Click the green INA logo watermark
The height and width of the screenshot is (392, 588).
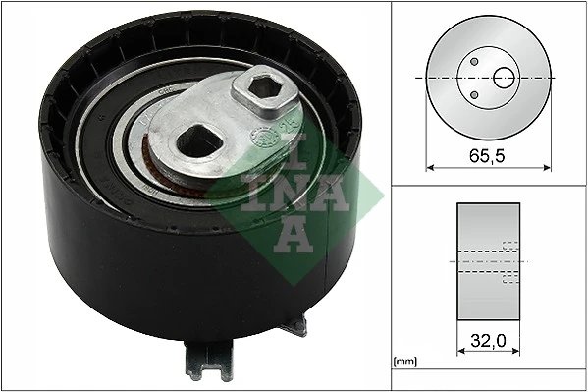pyautogui.click(x=279, y=181)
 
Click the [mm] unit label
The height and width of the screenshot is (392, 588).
pyautogui.click(x=403, y=360)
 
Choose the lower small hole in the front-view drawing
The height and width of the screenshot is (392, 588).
pyautogui.click(x=474, y=93)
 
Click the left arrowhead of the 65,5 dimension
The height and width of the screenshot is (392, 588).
pyautogui.click(x=429, y=166)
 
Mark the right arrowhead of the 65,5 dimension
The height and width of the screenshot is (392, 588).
pyautogui.click(x=548, y=166)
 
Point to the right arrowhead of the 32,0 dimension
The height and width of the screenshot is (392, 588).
pyautogui.click(x=516, y=354)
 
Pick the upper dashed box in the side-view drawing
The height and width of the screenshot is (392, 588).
pyautogui.click(x=509, y=248)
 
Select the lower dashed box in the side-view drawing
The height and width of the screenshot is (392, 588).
pyautogui.click(x=509, y=276)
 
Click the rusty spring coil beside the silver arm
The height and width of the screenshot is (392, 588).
pyautogui.click(x=148, y=157)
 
